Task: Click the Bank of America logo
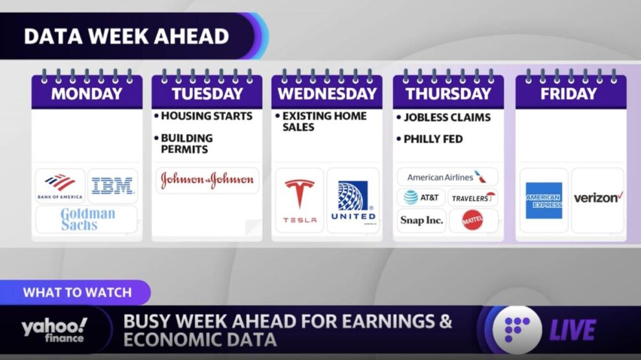(60, 186)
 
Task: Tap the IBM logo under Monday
(113, 186)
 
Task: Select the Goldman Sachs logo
(87, 219)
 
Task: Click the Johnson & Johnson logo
(207, 180)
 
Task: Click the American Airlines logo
(447, 177)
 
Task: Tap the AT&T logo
(421, 197)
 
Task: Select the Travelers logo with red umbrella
(473, 197)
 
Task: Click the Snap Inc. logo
(422, 220)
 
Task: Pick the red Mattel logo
(472, 220)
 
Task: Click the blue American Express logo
(544, 200)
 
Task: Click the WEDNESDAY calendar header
(327, 94)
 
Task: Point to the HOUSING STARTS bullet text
(207, 116)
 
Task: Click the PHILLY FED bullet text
(433, 139)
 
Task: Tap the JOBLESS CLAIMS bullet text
(447, 117)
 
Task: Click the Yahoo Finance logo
(54, 330)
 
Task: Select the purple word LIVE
(572, 330)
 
